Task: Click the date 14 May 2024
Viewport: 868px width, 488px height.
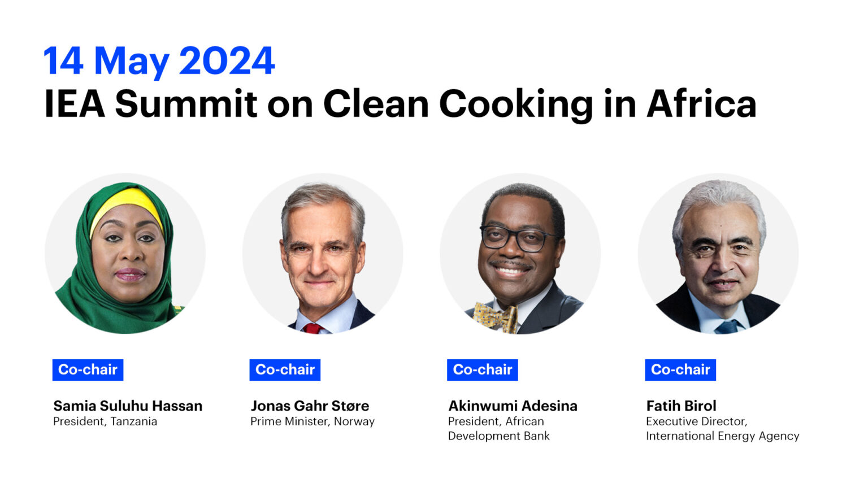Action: click(x=159, y=60)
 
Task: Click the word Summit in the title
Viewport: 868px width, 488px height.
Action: click(x=186, y=104)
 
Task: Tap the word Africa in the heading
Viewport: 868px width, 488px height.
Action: click(x=701, y=104)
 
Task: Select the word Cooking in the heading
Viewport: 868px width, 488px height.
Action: click(x=516, y=104)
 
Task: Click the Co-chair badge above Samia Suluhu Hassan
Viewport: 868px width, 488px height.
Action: click(x=88, y=370)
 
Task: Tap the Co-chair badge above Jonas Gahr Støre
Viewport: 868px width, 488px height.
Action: click(x=285, y=370)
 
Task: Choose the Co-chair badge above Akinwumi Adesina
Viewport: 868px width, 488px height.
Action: click(x=482, y=370)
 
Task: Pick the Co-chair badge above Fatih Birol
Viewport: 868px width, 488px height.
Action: click(x=680, y=370)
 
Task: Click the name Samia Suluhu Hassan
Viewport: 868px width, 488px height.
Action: click(x=128, y=406)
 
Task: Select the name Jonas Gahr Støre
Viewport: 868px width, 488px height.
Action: click(x=310, y=406)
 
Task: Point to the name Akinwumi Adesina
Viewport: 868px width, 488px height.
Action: click(x=513, y=406)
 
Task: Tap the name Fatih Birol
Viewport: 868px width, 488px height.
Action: click(x=681, y=406)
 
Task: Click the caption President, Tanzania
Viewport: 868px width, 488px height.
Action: click(x=105, y=421)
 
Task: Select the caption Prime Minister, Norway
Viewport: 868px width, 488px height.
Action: click(x=313, y=421)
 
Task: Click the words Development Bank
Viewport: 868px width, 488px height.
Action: click(x=498, y=436)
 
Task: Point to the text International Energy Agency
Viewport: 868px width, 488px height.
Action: click(x=722, y=436)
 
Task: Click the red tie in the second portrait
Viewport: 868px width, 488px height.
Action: click(x=311, y=328)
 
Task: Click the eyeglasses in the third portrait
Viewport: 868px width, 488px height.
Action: click(x=515, y=238)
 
